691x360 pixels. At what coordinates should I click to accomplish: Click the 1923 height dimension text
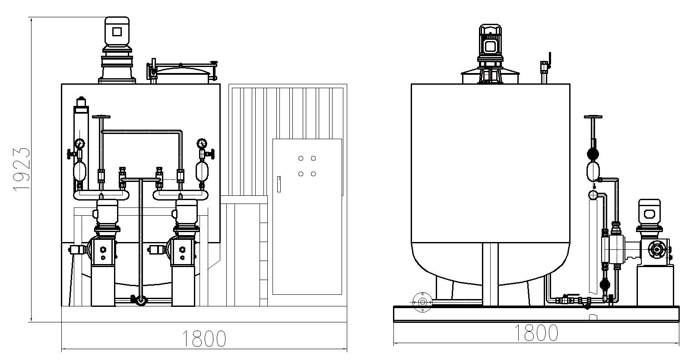point(22,169)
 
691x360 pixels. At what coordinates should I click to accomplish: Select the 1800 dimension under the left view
point(204,339)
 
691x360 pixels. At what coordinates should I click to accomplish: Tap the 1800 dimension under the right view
point(536,333)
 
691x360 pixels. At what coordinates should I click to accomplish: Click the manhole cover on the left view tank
point(181,73)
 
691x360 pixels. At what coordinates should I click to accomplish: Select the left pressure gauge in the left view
point(79,143)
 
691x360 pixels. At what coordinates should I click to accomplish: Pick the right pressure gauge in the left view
point(202,143)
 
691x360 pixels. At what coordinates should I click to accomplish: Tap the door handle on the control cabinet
point(279,184)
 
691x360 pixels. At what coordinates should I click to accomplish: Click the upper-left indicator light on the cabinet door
point(301,158)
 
